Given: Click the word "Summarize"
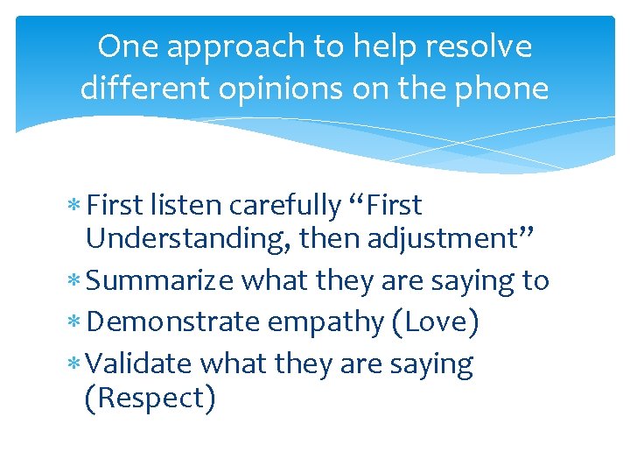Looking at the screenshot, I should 161,281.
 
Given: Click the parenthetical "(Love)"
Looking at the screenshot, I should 436,322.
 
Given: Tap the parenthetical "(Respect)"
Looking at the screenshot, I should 150,399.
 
